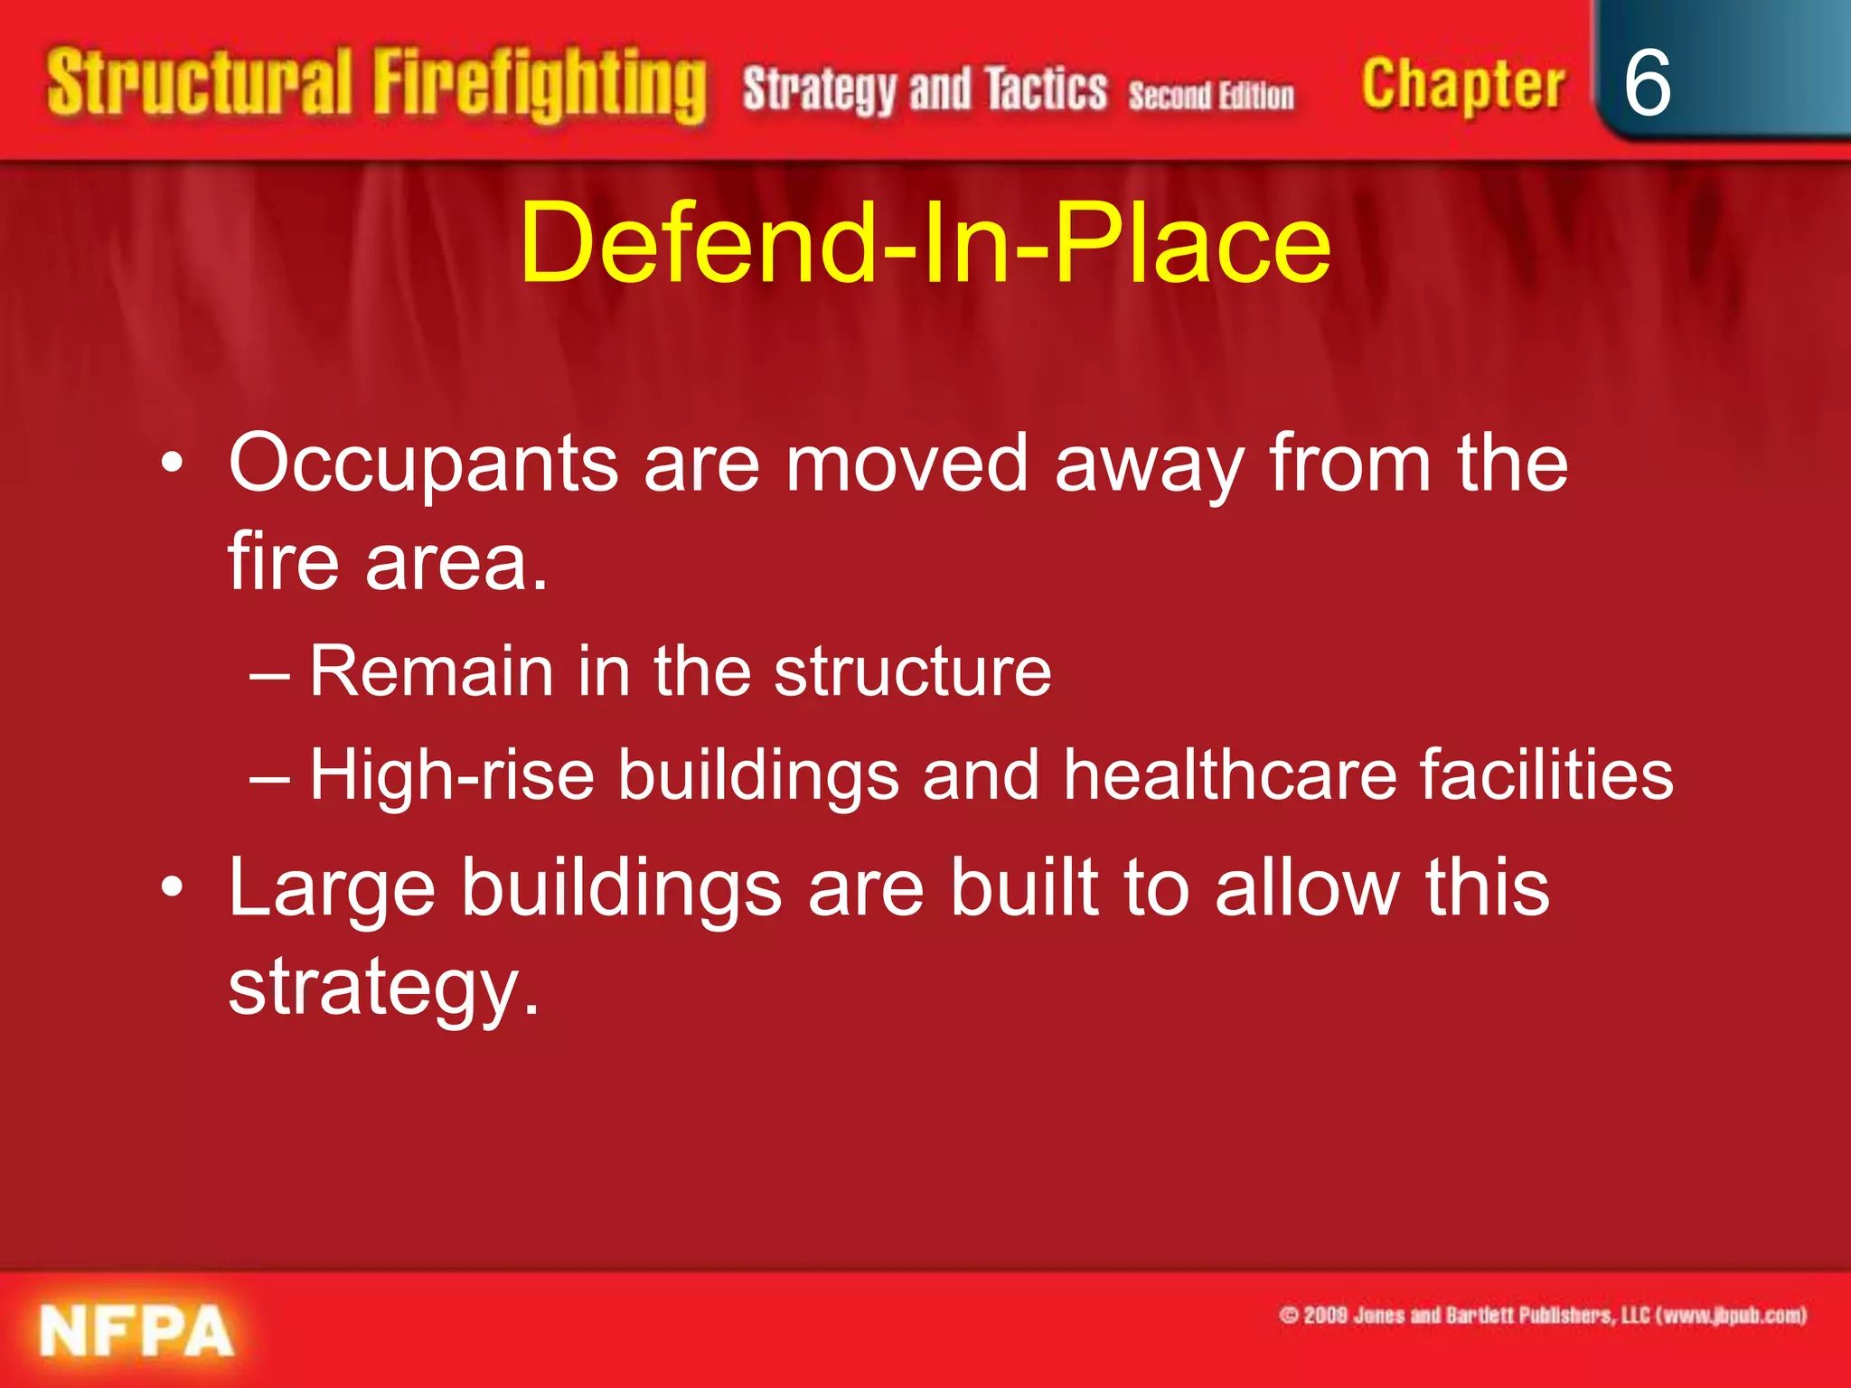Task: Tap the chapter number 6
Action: [1647, 83]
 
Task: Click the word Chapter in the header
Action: [1462, 86]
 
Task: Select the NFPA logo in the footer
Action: [136, 1331]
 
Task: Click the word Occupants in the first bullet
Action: [423, 464]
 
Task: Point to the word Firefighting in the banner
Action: [540, 86]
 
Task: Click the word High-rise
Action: [452, 774]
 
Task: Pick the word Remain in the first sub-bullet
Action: [431, 671]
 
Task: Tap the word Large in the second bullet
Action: [332, 889]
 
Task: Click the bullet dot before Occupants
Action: [173, 465]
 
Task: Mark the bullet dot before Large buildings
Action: [173, 889]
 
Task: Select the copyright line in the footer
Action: [1542, 1315]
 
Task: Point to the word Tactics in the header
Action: [1046, 89]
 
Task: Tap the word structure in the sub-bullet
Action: [913, 671]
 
